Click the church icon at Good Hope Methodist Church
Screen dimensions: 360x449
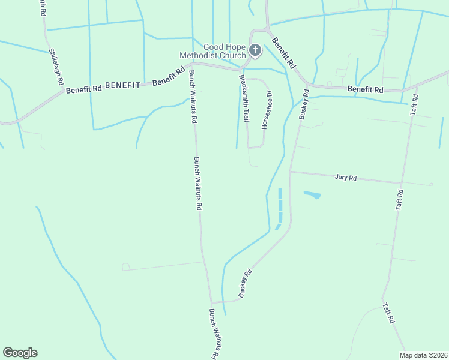pyautogui.click(x=255, y=50)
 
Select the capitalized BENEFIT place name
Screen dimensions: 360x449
pyautogui.click(x=122, y=86)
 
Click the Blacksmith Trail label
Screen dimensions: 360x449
pyautogui.click(x=244, y=98)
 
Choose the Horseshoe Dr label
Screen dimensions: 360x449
pyautogui.click(x=267, y=109)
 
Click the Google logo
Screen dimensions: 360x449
pyautogui.click(x=20, y=353)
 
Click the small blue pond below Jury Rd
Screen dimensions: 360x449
pyautogui.click(x=312, y=195)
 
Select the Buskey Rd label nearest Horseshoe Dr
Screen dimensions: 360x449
pyautogui.click(x=304, y=104)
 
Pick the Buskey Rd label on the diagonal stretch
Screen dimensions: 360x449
pyautogui.click(x=245, y=284)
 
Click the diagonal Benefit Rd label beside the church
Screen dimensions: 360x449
pyautogui.click(x=283, y=53)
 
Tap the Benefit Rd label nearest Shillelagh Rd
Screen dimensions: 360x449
pyautogui.click(x=84, y=89)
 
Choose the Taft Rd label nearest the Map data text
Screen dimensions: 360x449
pyautogui.click(x=388, y=313)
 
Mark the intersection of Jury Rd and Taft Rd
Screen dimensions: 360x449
pyautogui.click(x=400, y=183)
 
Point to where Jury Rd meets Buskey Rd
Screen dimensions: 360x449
pyautogui.click(x=290, y=172)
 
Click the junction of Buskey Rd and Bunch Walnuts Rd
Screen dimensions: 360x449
pyautogui.click(x=211, y=302)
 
